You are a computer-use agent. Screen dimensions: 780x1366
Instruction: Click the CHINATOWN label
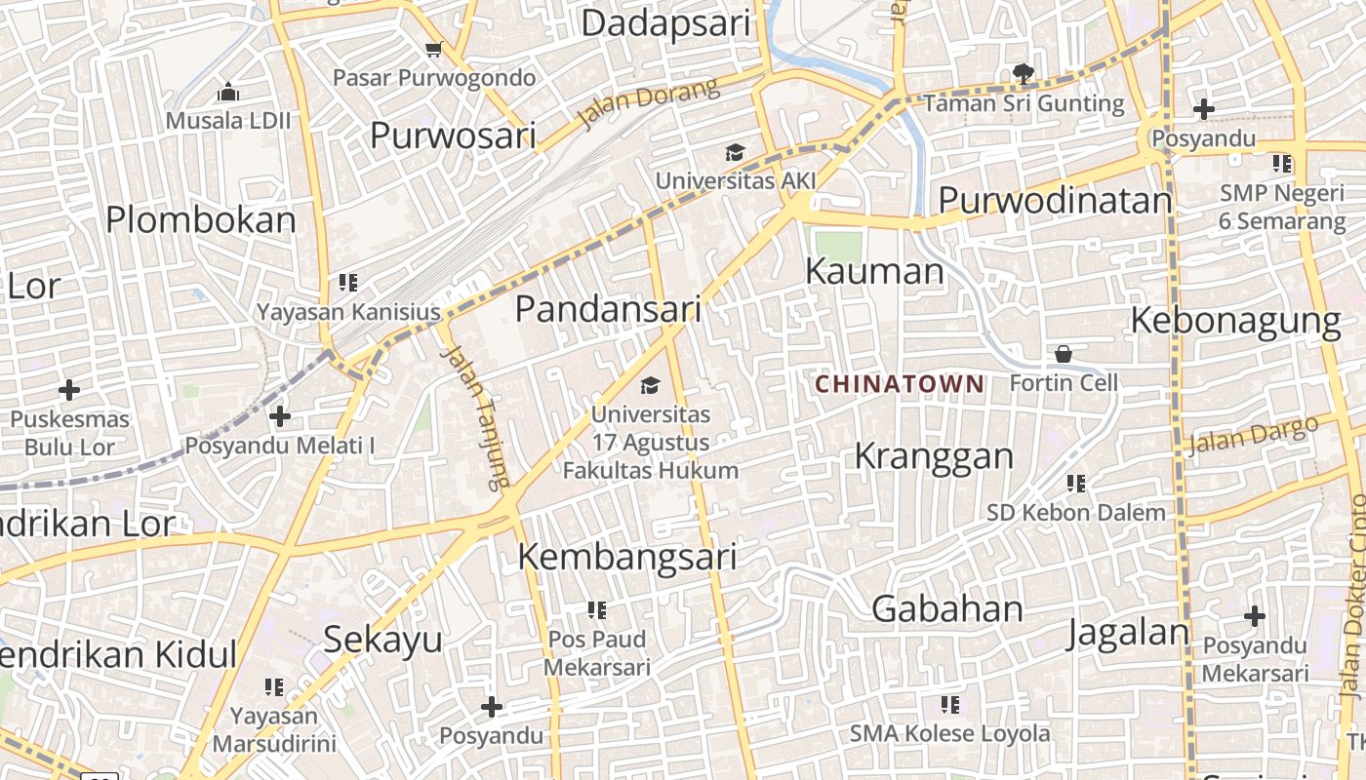(x=900, y=384)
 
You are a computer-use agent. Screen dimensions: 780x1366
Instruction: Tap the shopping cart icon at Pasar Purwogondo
(x=434, y=49)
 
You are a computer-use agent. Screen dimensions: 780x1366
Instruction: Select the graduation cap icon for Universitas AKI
(x=735, y=152)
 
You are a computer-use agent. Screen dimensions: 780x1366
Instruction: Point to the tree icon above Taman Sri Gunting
(x=1023, y=73)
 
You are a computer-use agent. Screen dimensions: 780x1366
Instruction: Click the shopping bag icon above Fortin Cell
(x=1064, y=353)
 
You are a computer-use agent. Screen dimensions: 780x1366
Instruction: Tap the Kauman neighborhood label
(x=874, y=271)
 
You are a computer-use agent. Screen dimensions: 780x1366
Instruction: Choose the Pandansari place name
(x=608, y=309)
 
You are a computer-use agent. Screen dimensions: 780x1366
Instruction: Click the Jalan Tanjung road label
(x=475, y=416)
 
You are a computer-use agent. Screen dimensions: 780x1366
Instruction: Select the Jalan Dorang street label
(x=648, y=103)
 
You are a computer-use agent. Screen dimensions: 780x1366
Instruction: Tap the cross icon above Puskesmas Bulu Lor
(x=69, y=391)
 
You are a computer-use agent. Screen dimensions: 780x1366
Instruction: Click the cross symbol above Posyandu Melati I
(x=280, y=417)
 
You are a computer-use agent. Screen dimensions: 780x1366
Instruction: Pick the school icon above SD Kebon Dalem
(x=1076, y=484)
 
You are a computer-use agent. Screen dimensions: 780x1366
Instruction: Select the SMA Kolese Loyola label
(x=949, y=733)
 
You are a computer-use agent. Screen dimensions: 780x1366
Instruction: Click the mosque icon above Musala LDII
(x=228, y=93)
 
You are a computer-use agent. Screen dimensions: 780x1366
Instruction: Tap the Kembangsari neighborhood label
(x=626, y=557)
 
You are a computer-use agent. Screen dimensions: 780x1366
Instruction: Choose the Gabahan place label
(x=946, y=608)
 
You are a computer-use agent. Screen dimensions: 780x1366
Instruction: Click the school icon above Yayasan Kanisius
(x=348, y=284)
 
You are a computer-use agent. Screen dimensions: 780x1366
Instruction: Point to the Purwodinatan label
(x=1054, y=200)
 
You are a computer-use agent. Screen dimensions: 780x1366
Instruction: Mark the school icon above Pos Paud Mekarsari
(x=596, y=611)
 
